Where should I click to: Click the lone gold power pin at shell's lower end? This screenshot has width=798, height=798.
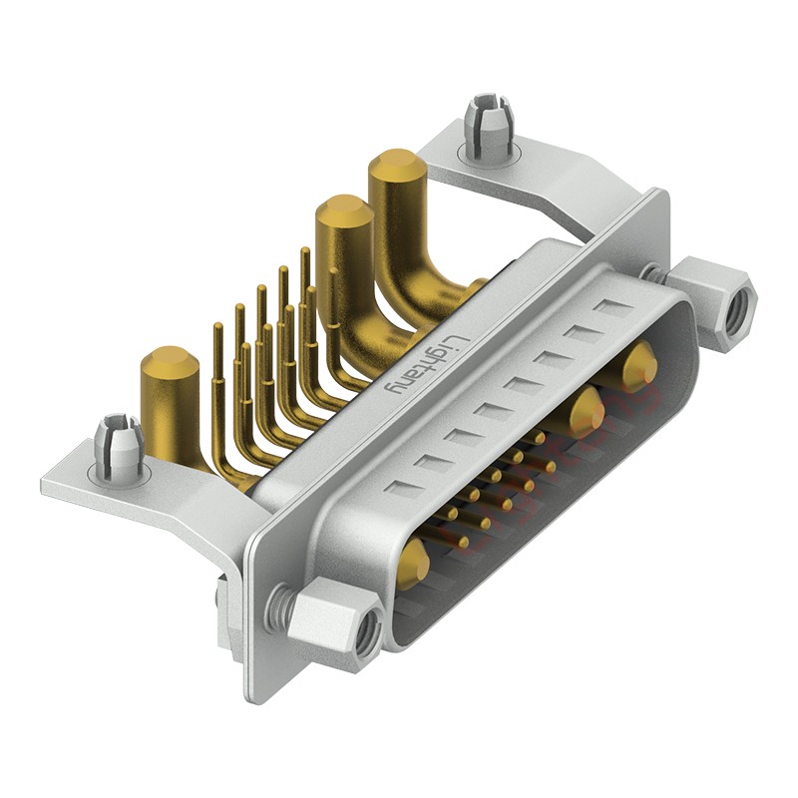click(413, 563)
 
